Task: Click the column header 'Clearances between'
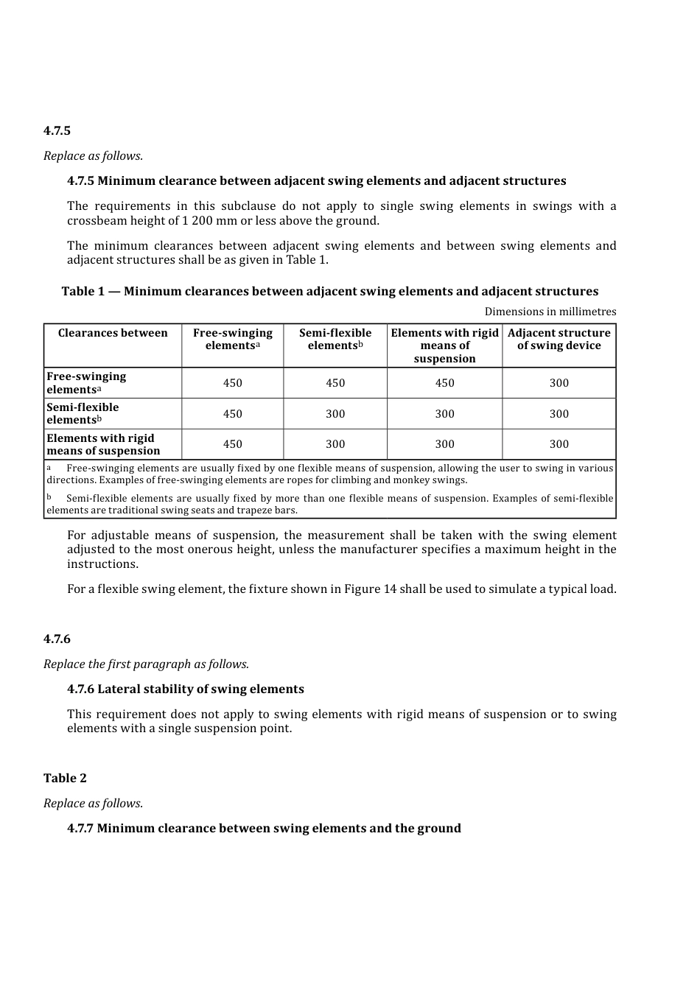(113, 333)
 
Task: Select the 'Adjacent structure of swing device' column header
(559, 339)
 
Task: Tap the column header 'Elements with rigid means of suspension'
(444, 345)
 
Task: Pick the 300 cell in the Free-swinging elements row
(559, 383)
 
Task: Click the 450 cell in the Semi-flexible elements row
(232, 414)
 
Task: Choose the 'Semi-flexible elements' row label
(83, 413)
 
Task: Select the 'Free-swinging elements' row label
(86, 383)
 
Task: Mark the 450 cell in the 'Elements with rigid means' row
(232, 444)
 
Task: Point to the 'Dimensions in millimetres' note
(550, 312)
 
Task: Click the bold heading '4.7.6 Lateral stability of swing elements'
(185, 689)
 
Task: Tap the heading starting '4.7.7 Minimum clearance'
(264, 829)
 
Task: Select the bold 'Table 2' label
(65, 779)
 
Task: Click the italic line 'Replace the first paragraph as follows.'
(146, 664)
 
